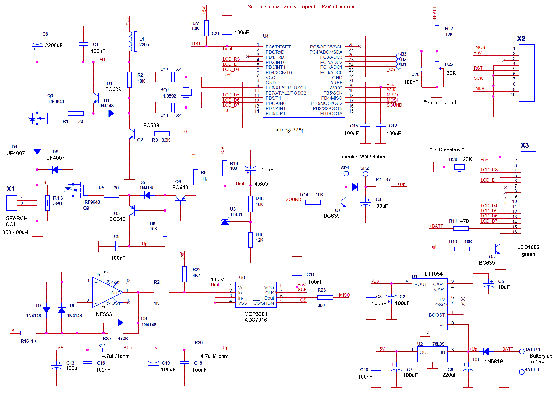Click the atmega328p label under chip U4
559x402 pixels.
coord(290,130)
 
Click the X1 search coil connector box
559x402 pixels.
coord(12,203)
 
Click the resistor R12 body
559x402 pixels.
coord(437,33)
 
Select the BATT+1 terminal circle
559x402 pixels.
coord(522,351)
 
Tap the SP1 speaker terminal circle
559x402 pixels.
coord(346,174)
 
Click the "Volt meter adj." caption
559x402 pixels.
coord(442,102)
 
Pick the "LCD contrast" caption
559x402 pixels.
coord(447,150)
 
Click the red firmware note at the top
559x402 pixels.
coord(302,7)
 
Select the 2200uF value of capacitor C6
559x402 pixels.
coord(54,45)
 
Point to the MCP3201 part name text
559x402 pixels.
coord(256,314)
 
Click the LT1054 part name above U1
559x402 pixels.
coord(434,274)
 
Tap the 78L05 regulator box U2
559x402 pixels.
coord(432,354)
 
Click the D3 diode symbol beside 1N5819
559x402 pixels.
coord(486,351)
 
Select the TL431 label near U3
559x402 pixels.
coord(236,214)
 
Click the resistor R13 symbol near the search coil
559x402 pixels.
coord(47,203)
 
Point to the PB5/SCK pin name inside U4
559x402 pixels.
coord(333,93)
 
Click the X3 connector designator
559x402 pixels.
coord(525,145)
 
